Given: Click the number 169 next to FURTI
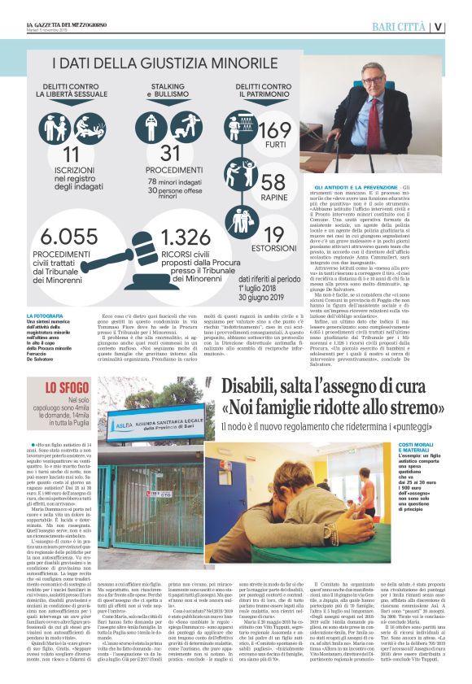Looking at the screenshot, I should [x=273, y=132].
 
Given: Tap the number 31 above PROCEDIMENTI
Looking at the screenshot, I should [x=170, y=152].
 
